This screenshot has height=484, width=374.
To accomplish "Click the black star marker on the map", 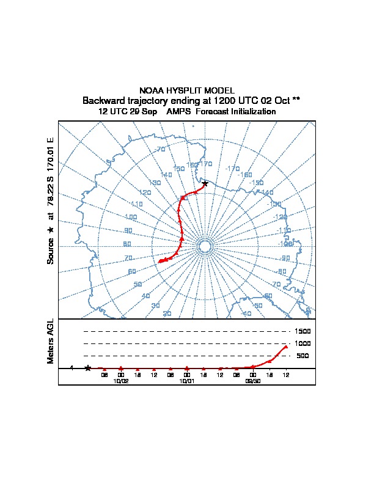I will (x=205, y=183).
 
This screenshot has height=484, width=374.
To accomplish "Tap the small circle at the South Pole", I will (x=205, y=246).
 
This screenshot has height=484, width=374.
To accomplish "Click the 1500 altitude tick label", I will (x=302, y=331).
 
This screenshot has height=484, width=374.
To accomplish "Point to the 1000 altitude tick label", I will (x=302, y=343).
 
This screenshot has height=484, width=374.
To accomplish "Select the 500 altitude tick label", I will (x=302, y=356).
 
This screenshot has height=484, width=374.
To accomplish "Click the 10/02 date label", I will (x=121, y=380).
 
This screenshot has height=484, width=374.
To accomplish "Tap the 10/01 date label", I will (x=186, y=380).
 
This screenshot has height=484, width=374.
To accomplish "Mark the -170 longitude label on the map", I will (x=232, y=169).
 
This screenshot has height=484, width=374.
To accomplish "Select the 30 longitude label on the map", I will (x=155, y=305).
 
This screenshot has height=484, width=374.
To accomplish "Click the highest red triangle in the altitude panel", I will (x=285, y=346).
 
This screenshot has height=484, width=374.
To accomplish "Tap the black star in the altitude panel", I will (x=88, y=368).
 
